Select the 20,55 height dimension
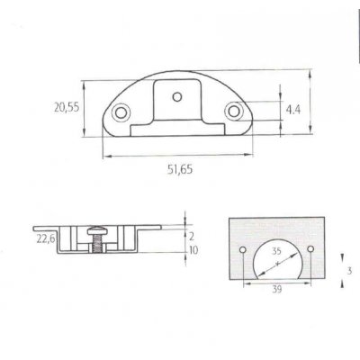pyautogui.click(x=66, y=107)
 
